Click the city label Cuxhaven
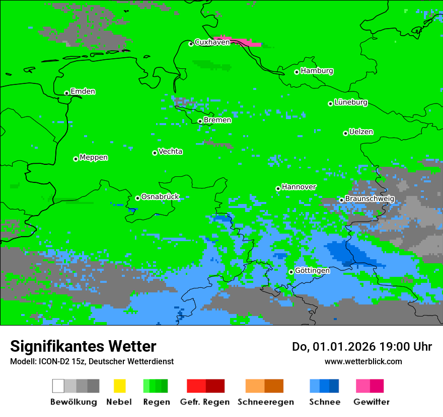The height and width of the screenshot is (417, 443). (212, 42)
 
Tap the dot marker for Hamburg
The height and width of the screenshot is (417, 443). (297, 72)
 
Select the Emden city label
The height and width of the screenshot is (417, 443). (83, 91)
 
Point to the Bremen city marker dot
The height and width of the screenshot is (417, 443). (200, 121)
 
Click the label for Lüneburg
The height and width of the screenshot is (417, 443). (351, 102)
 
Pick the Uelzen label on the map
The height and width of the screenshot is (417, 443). (361, 132)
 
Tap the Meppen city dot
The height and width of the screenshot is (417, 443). (76, 159)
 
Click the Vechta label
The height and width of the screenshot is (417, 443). (170, 152)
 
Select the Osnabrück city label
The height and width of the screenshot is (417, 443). (160, 197)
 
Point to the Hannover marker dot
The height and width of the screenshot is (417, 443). (278, 188)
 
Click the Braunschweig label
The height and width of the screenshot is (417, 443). (370, 199)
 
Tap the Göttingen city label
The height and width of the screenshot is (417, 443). (312, 271)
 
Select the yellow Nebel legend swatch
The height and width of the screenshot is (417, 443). (119, 386)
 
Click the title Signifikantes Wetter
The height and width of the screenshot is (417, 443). (83, 347)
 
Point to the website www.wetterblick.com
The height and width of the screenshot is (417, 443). (363, 361)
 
